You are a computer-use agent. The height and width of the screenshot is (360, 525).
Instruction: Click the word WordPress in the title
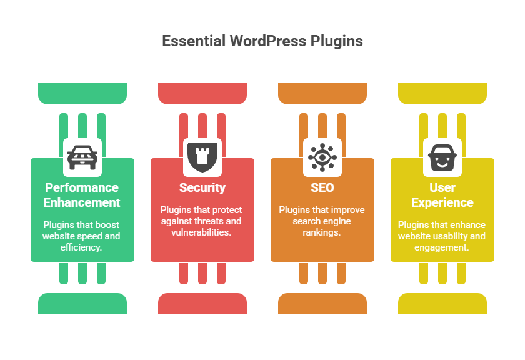(268, 41)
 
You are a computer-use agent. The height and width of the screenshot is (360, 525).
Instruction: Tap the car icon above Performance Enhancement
(82, 157)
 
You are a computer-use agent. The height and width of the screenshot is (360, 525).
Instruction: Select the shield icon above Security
(202, 157)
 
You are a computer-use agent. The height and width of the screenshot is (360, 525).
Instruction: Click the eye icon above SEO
(322, 157)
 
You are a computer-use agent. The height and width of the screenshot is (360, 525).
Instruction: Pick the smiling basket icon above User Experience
(442, 157)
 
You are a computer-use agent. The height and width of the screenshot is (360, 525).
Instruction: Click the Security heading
(202, 188)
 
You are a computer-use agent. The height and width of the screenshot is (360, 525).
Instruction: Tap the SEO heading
(322, 187)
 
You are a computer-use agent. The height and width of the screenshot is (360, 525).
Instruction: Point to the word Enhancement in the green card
(82, 202)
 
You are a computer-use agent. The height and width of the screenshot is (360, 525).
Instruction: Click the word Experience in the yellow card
(442, 203)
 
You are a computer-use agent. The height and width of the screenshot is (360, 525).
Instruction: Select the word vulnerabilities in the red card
(201, 232)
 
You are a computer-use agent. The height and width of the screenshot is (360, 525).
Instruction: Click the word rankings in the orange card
(322, 232)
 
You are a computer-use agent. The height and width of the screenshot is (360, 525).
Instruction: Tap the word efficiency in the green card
(81, 247)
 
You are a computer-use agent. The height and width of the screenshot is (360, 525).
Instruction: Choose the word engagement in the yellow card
(442, 248)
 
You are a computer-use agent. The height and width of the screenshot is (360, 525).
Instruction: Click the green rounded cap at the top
(82, 93)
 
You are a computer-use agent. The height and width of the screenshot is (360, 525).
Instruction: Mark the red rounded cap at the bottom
(202, 304)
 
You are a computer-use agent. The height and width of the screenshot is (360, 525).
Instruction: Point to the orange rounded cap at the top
(322, 93)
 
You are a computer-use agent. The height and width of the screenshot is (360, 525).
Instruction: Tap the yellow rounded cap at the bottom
(442, 304)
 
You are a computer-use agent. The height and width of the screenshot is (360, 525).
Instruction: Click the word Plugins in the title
(336, 41)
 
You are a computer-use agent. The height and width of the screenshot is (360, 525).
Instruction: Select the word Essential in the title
(194, 41)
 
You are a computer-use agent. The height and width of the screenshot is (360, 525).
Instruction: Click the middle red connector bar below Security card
(202, 273)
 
